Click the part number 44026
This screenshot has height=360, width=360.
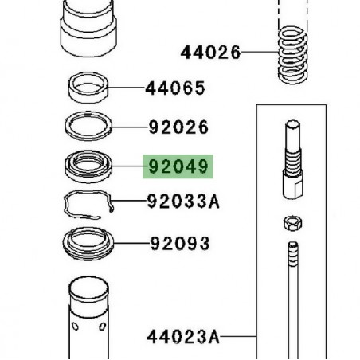pyautogui.click(x=209, y=53)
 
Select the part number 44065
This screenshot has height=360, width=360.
pyautogui.click(x=174, y=88)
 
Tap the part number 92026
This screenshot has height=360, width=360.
pyautogui.click(x=178, y=127)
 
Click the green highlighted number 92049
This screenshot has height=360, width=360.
pyautogui.click(x=178, y=168)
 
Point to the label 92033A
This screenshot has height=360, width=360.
pyautogui.click(x=182, y=202)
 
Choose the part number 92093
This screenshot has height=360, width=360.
pyautogui.click(x=178, y=243)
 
